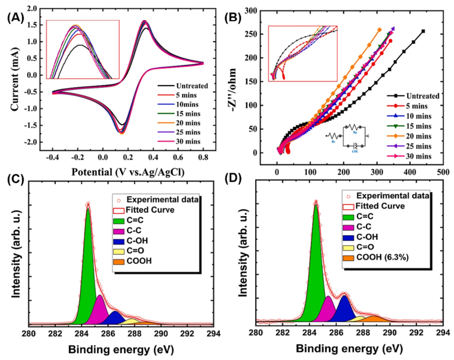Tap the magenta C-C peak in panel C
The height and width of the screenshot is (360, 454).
100,311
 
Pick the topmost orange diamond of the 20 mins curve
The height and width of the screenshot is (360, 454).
379,30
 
